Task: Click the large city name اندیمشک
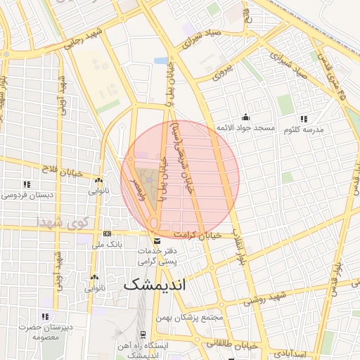(156, 286)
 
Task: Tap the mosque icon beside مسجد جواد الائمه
(245, 117)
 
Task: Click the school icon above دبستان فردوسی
(27, 184)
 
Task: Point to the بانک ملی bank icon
(107, 233)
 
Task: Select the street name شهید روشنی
(266, 297)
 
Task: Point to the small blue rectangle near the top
(162, 60)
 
